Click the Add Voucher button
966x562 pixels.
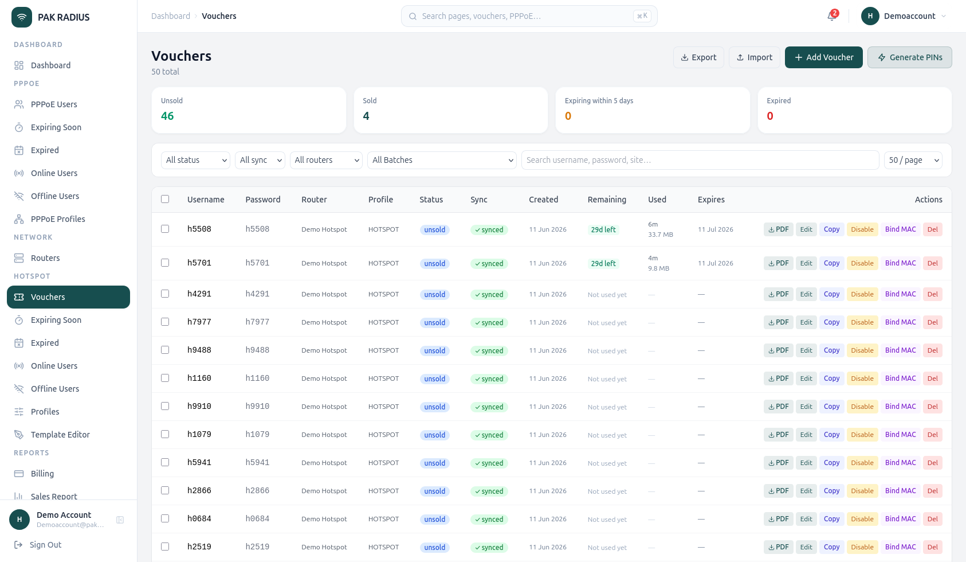(x=823, y=57)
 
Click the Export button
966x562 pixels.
(x=698, y=57)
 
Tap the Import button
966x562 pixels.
(x=754, y=57)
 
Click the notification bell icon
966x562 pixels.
(x=832, y=16)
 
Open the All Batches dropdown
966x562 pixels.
(x=442, y=160)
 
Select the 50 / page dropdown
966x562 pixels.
(x=913, y=160)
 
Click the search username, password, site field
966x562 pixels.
(x=700, y=160)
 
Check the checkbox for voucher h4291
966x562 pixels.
(x=165, y=294)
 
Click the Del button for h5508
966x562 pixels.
(x=932, y=229)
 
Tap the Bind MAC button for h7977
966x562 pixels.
(x=901, y=322)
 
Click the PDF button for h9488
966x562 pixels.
(x=779, y=350)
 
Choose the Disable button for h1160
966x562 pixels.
(x=862, y=378)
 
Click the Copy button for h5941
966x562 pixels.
(x=831, y=463)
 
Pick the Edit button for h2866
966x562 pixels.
(x=806, y=491)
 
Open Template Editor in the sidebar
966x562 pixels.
(x=60, y=435)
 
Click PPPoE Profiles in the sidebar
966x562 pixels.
(x=58, y=219)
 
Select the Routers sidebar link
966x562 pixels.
(x=45, y=258)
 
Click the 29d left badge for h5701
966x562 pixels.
(x=603, y=263)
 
